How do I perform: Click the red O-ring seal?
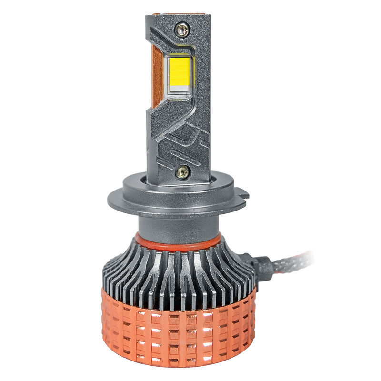tap(178, 242)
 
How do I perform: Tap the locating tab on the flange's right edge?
tap(243, 194)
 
